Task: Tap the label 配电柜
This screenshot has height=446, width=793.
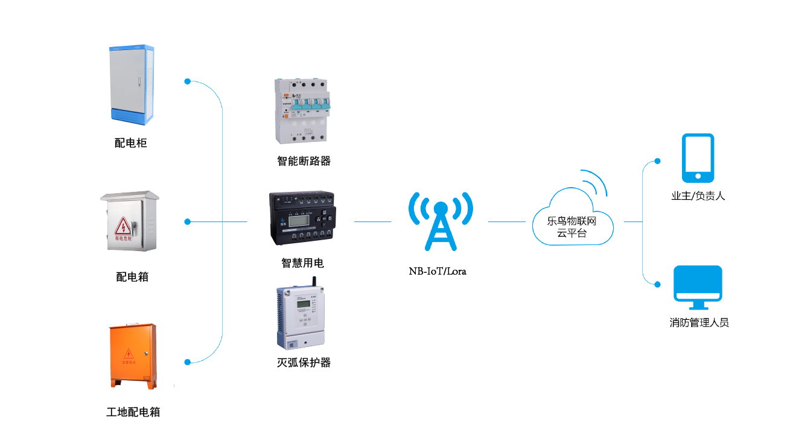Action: [x=131, y=143]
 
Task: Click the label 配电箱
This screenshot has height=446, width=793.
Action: [x=132, y=277]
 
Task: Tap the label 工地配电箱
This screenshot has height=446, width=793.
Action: [x=133, y=412]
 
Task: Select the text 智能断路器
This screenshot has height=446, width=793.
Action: [x=304, y=161]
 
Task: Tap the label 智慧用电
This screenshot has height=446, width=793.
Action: [x=302, y=263]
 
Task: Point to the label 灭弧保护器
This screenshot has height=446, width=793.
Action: [x=304, y=363]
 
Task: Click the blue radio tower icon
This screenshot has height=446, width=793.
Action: [x=441, y=221]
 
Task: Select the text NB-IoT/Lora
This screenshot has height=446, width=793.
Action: [x=438, y=271]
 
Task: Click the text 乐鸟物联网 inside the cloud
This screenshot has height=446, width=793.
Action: [x=572, y=221]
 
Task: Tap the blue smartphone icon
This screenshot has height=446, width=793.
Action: [x=698, y=158]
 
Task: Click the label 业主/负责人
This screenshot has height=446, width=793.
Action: [x=698, y=196]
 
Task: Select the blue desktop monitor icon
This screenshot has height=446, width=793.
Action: [x=698, y=284]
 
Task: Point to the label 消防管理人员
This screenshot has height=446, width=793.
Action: [x=699, y=323]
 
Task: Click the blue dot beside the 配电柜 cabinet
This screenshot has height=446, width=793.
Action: [x=188, y=81]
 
